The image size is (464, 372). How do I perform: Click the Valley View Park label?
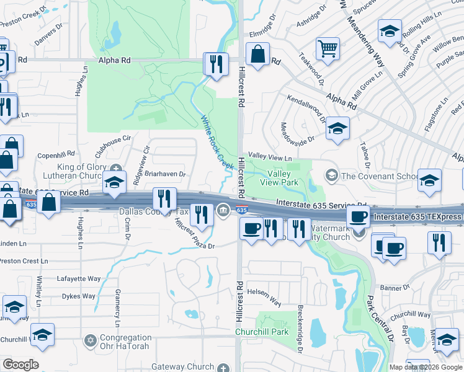282,179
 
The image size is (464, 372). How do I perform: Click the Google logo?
20,365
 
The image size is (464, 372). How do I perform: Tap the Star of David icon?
91,342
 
